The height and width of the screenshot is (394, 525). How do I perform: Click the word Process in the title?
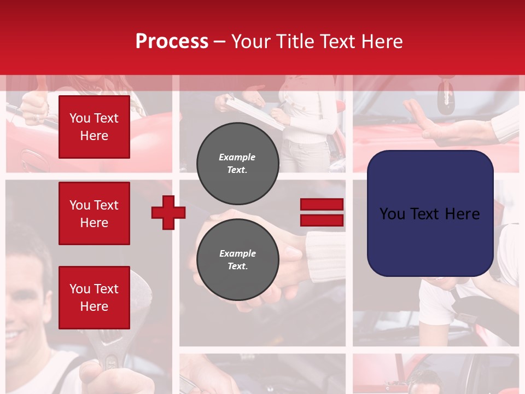click(172, 42)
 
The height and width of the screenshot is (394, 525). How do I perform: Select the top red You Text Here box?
click(94, 127)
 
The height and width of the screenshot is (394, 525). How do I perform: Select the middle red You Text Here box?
click(94, 213)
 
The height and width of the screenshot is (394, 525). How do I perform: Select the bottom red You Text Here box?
click(94, 298)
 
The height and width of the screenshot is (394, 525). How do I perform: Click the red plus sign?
click(168, 212)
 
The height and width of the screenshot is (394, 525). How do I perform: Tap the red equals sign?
click(322, 212)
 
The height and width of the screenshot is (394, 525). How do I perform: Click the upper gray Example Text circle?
click(237, 163)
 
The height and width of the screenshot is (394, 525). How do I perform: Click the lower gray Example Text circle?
click(237, 259)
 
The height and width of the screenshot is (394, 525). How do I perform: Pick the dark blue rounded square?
click(430, 213)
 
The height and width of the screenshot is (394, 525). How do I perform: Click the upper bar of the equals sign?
click(322, 205)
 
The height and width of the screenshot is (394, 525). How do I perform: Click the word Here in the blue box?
click(461, 213)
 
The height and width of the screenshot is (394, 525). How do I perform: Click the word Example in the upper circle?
click(237, 157)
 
